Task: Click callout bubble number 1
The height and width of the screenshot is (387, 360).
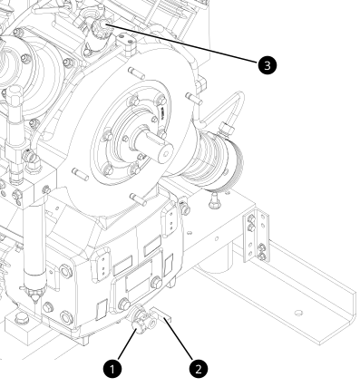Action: click(x=112, y=369)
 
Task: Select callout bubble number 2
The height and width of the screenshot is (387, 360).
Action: click(x=199, y=369)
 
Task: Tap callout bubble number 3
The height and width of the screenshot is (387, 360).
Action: click(x=268, y=65)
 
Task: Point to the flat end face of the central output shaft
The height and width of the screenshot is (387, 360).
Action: click(x=164, y=153)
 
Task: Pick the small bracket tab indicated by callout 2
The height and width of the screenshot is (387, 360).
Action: click(x=161, y=314)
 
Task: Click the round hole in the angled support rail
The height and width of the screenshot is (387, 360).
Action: click(x=298, y=313)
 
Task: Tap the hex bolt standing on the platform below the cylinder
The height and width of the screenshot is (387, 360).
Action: click(x=214, y=200)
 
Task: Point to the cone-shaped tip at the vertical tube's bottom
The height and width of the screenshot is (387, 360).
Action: click(x=34, y=295)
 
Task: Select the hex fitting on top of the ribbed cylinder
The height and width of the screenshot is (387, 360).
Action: click(x=228, y=129)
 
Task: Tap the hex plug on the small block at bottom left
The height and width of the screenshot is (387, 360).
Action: click(x=21, y=318)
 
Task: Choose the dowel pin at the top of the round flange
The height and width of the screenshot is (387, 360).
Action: click(x=134, y=73)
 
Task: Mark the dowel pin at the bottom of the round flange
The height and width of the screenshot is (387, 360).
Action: click(x=138, y=199)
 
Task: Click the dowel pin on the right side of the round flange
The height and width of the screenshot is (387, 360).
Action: click(x=194, y=99)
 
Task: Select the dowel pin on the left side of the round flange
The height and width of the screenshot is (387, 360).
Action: click(x=80, y=174)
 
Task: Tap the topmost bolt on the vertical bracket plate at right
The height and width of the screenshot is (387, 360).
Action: click(x=251, y=218)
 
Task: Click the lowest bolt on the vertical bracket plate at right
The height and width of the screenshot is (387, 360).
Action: click(x=262, y=256)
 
